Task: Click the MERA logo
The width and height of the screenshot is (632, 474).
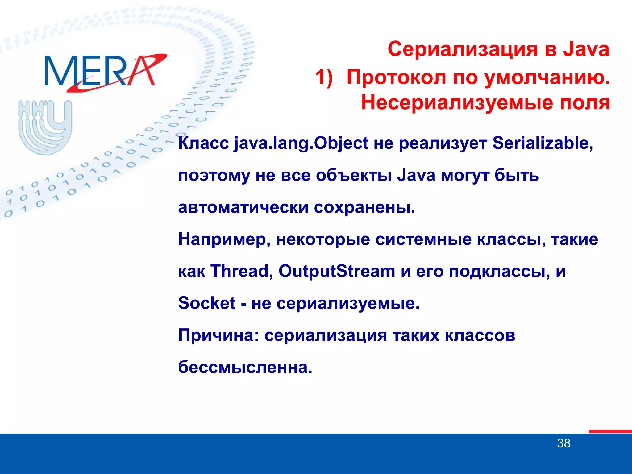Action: tap(105, 72)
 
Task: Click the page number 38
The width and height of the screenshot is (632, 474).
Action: tap(563, 443)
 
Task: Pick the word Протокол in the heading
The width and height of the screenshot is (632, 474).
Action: tap(396, 77)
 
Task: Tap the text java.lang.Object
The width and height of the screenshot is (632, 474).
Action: tap(301, 143)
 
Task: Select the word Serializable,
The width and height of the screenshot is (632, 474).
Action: tap(543, 143)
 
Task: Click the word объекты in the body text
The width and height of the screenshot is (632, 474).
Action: tap(354, 176)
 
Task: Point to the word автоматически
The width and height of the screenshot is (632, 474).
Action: tap(243, 207)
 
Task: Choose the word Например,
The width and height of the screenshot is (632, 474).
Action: tap(224, 239)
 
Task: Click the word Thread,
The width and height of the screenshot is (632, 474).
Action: tap(242, 271)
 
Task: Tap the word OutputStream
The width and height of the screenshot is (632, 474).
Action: tap(337, 271)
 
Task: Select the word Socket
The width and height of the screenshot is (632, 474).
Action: tap(207, 303)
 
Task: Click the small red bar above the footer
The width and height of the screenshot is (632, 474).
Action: tap(610, 431)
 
